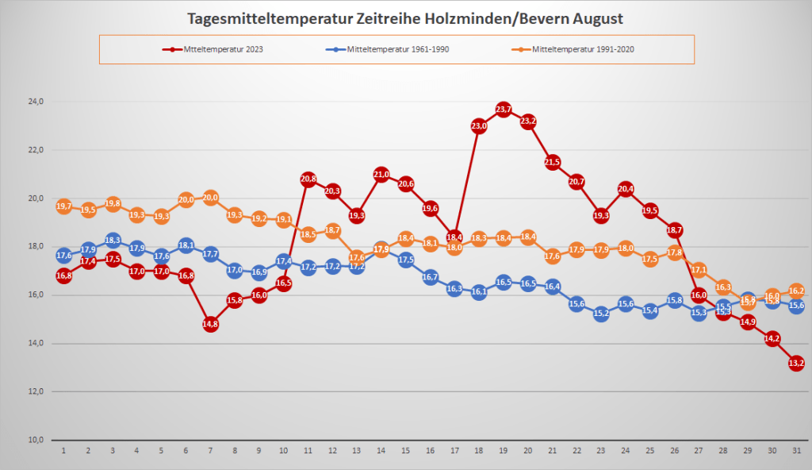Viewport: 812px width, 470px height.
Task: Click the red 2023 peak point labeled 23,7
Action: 503,109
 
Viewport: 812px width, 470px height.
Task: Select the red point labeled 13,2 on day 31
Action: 797,363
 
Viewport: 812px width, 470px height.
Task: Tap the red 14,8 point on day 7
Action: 210,324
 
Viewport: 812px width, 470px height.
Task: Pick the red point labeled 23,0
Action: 478,125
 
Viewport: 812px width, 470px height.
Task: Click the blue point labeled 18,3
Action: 113,240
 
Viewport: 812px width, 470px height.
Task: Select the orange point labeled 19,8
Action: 113,203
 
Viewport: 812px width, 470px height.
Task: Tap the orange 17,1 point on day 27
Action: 699,269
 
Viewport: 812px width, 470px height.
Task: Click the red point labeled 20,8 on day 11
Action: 308,179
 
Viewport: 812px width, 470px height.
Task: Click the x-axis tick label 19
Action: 503,450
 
